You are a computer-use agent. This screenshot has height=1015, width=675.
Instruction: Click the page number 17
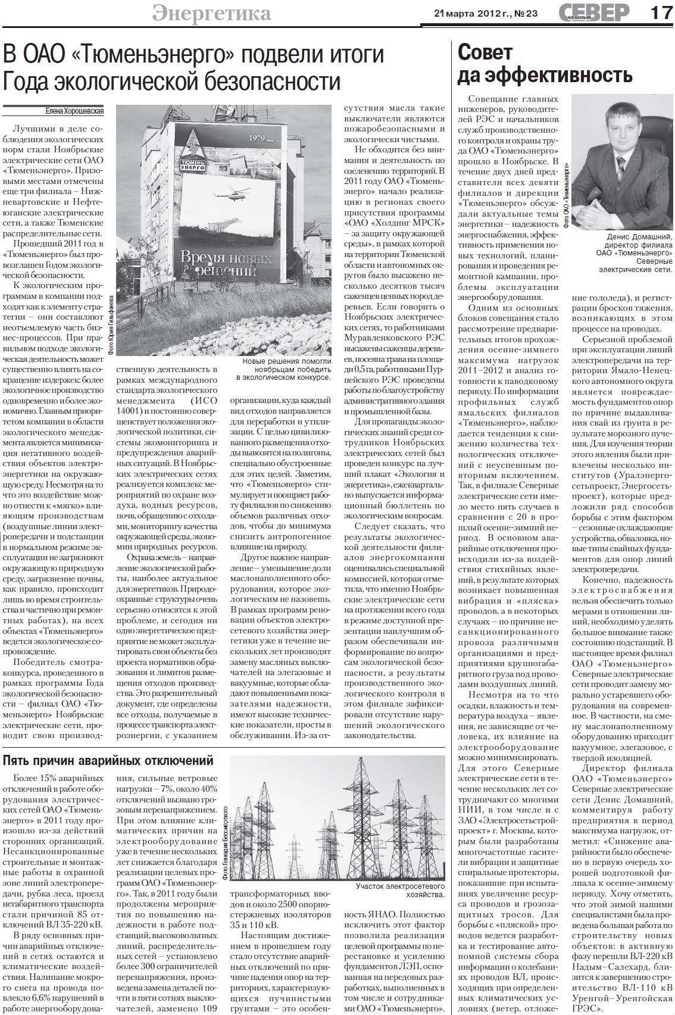coord(661,13)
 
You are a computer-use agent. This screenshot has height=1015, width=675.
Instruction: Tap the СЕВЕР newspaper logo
coord(593,13)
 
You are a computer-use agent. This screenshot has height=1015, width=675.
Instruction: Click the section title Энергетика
coord(211,13)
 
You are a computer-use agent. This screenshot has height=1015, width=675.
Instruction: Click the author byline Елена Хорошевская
coord(74,111)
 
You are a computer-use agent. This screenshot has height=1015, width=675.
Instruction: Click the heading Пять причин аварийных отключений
coord(108,760)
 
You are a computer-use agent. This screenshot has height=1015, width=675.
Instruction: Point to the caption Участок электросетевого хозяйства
coord(400,890)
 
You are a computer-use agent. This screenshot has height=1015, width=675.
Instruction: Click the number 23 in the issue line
coord(532,13)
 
